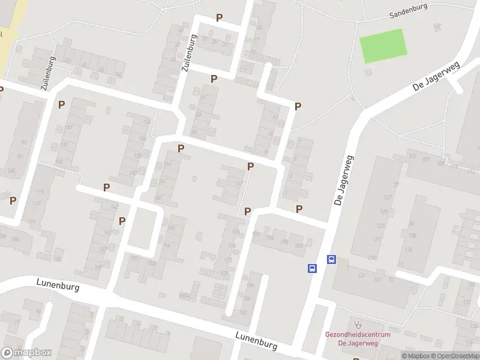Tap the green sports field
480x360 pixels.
click(383, 46)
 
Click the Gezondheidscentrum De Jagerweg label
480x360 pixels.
click(358, 338)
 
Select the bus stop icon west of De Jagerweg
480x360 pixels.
click(313, 269)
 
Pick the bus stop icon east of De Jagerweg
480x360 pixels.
click(331, 260)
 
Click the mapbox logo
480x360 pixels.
click(26, 353)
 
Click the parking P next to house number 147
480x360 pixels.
click(250, 166)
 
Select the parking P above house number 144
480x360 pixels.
click(181, 148)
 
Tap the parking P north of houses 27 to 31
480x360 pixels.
click(219, 18)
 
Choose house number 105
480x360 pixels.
click(412, 157)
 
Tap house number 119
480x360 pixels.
click(41, 191)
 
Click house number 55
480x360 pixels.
click(194, 131)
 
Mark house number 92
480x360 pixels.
click(24, 142)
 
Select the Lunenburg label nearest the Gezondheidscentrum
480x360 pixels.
click(256, 341)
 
